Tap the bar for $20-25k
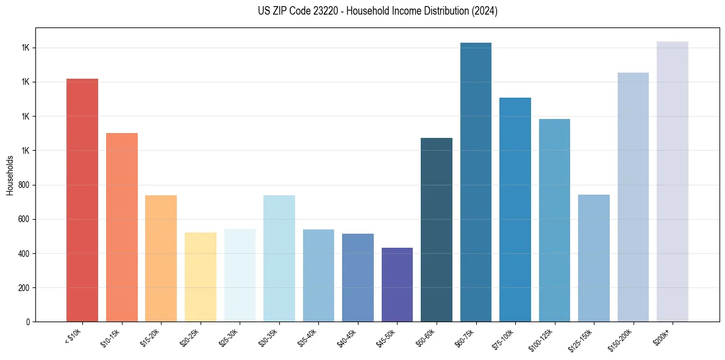click(x=201, y=277)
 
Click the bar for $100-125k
click(x=554, y=220)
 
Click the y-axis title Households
click(x=10, y=175)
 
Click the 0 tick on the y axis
click(x=29, y=322)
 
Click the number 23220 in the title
click(x=324, y=11)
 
